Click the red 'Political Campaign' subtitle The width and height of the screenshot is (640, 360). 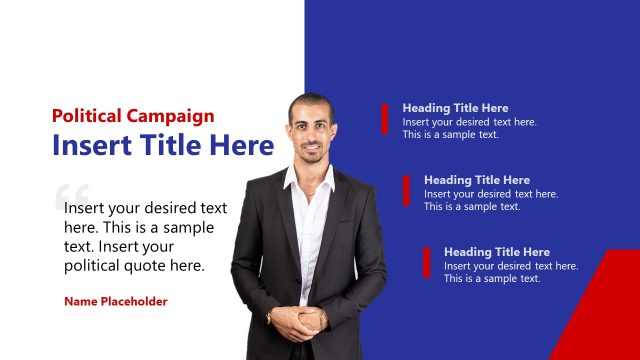tap(133, 116)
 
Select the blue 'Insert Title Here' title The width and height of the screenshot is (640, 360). tap(162, 146)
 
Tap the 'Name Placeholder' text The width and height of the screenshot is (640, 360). tap(116, 301)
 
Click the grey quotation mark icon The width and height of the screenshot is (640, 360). tap(73, 196)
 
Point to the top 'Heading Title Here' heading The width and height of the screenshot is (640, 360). tap(455, 108)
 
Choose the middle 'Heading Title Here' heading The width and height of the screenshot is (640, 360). tap(476, 180)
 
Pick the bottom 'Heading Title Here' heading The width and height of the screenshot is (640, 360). tap(497, 252)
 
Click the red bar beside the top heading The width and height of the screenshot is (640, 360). tap(384, 118)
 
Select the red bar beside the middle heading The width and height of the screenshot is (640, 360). tap(406, 190)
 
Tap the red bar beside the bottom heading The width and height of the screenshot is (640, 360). tap(426, 262)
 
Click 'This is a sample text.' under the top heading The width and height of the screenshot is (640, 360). tap(450, 135)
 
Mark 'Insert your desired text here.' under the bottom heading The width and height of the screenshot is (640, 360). tap(511, 266)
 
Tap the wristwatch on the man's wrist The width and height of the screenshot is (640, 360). tap(269, 317)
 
